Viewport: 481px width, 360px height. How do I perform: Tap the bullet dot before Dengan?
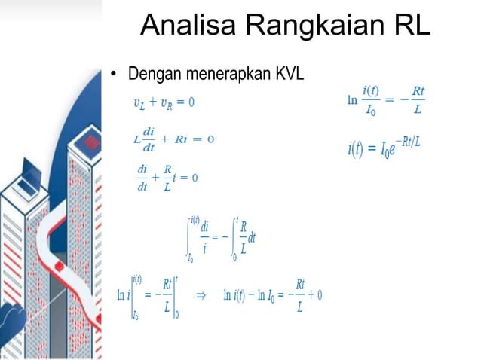point(115,75)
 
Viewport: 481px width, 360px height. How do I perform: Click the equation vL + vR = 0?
point(164,102)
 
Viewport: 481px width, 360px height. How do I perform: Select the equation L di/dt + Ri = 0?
point(173,139)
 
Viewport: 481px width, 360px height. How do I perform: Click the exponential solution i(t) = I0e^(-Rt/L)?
point(384,146)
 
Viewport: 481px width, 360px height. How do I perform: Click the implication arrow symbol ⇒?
point(201,295)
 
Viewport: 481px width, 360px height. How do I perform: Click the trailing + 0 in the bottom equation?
point(315,294)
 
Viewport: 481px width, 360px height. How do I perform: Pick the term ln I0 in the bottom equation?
point(271,294)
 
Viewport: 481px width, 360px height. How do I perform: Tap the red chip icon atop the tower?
point(92,142)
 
